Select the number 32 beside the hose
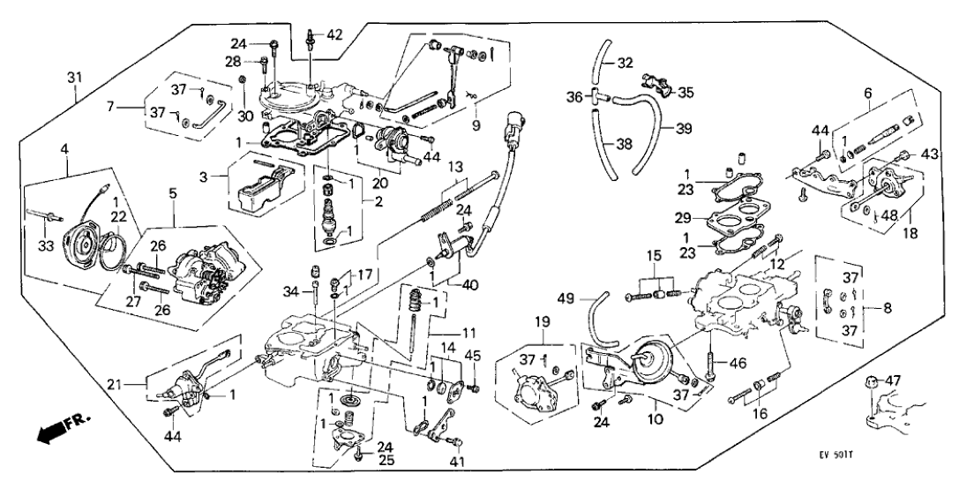coord(626,63)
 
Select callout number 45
coord(473,356)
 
